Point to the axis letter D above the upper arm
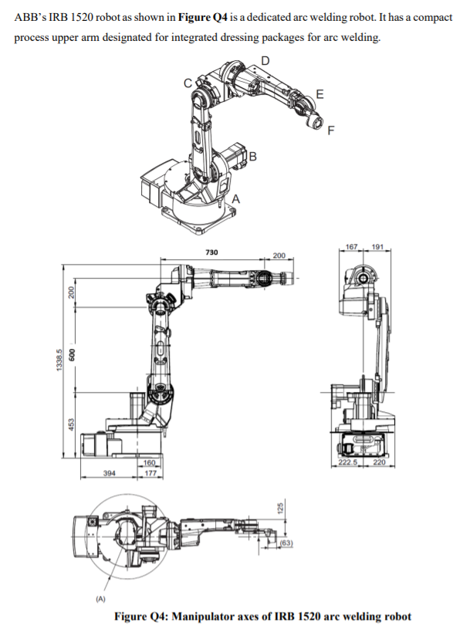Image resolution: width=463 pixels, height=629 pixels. (265, 61)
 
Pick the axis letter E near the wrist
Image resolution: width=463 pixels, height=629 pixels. (320, 94)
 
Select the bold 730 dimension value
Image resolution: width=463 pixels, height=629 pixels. (211, 252)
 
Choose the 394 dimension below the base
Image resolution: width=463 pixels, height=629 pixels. (109, 472)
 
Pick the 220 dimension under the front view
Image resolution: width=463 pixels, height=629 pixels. (380, 462)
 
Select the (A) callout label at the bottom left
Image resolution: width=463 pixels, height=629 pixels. (100, 597)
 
